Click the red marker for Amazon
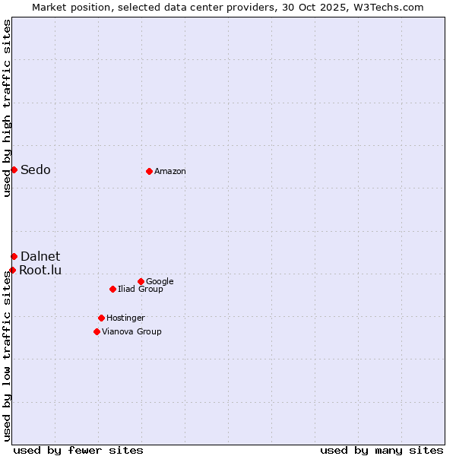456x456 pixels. coord(149,171)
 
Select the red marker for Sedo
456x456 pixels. coord(14,169)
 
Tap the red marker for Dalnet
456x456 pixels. coord(14,256)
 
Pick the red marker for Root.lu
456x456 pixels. coord(12,270)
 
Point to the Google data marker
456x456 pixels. coord(141,281)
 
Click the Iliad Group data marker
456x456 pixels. coord(112,289)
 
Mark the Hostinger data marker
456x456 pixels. coord(101,318)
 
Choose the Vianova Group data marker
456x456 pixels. coord(97,331)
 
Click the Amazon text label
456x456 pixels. coord(170,172)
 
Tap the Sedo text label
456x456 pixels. coord(36,169)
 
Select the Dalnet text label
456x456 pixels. coord(40,256)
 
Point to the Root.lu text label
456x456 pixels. coord(41,270)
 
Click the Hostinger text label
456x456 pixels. coord(125,318)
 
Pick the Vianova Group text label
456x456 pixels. coord(131,331)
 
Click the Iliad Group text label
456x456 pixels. coord(141,289)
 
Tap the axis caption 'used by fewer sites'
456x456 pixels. coord(78,450)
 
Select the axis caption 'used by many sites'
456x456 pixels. coord(382,450)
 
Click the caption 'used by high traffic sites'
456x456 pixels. coord(7,109)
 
